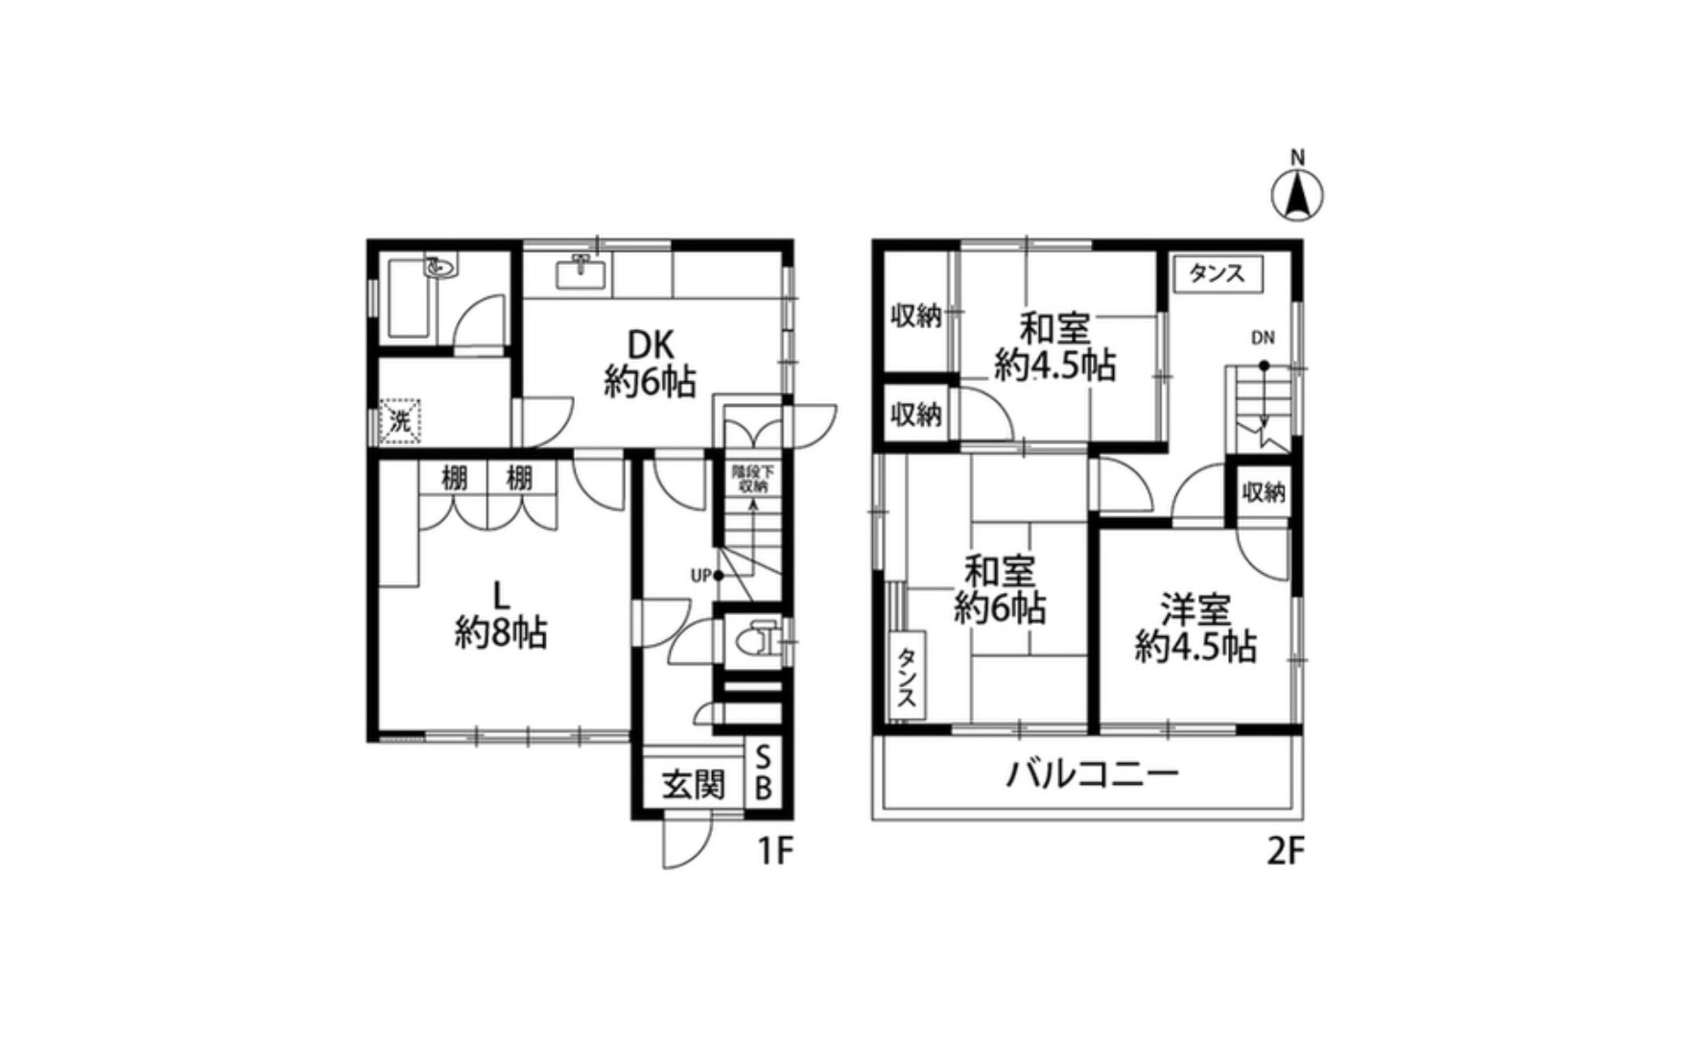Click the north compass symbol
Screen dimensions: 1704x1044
[x=1296, y=196]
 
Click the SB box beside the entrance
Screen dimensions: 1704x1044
[x=764, y=773]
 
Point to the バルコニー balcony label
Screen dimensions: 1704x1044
[x=1092, y=773]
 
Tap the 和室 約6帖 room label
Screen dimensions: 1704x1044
[x=1000, y=590]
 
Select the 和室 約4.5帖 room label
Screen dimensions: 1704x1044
[x=1054, y=346]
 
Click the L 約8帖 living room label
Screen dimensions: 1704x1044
[x=500, y=614]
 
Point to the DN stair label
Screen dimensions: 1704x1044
[x=1262, y=338]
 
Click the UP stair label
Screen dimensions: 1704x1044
[x=700, y=576]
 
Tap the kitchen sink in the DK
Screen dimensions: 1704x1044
[x=580, y=273]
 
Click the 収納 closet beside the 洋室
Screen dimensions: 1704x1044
[x=1263, y=492]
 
